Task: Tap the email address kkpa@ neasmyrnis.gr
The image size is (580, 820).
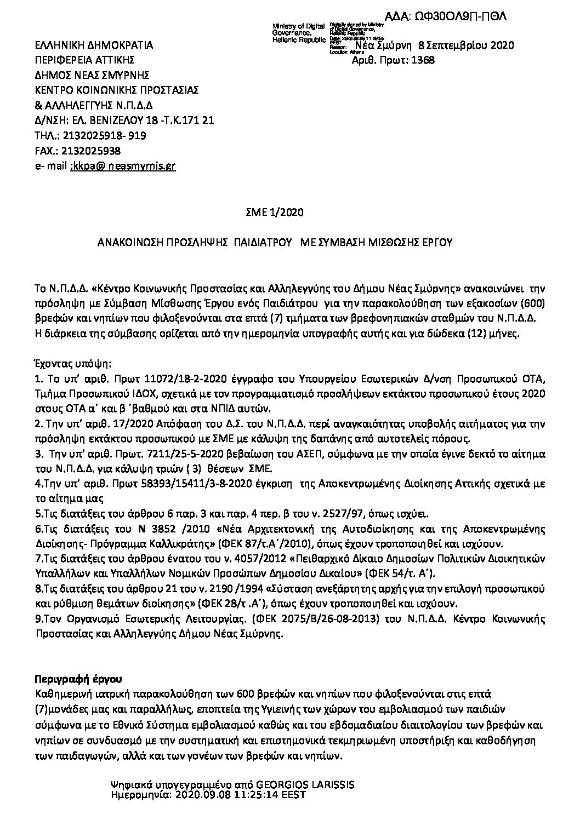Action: point(123,165)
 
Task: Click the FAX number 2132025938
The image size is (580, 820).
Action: point(92,151)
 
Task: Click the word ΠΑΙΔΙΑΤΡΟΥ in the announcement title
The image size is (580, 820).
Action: point(262,242)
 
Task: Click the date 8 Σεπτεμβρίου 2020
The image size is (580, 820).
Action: point(466,46)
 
